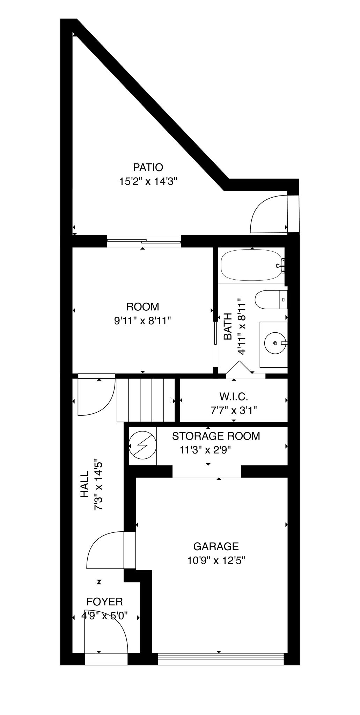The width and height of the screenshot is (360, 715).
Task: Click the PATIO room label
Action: (148, 167)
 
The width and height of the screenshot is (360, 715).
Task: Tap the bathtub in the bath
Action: (252, 266)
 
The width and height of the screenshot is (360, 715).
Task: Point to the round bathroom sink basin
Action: (276, 343)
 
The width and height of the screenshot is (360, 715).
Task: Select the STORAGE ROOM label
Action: (216, 436)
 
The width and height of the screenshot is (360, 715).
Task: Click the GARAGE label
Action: (216, 546)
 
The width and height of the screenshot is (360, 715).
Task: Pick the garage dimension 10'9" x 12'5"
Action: (216, 561)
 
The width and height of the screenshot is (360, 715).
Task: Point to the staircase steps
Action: (146, 400)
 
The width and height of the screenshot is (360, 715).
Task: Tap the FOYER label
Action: (105, 602)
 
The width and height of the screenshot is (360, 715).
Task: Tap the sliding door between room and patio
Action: (144, 241)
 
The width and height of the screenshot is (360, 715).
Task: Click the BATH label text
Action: (228, 326)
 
